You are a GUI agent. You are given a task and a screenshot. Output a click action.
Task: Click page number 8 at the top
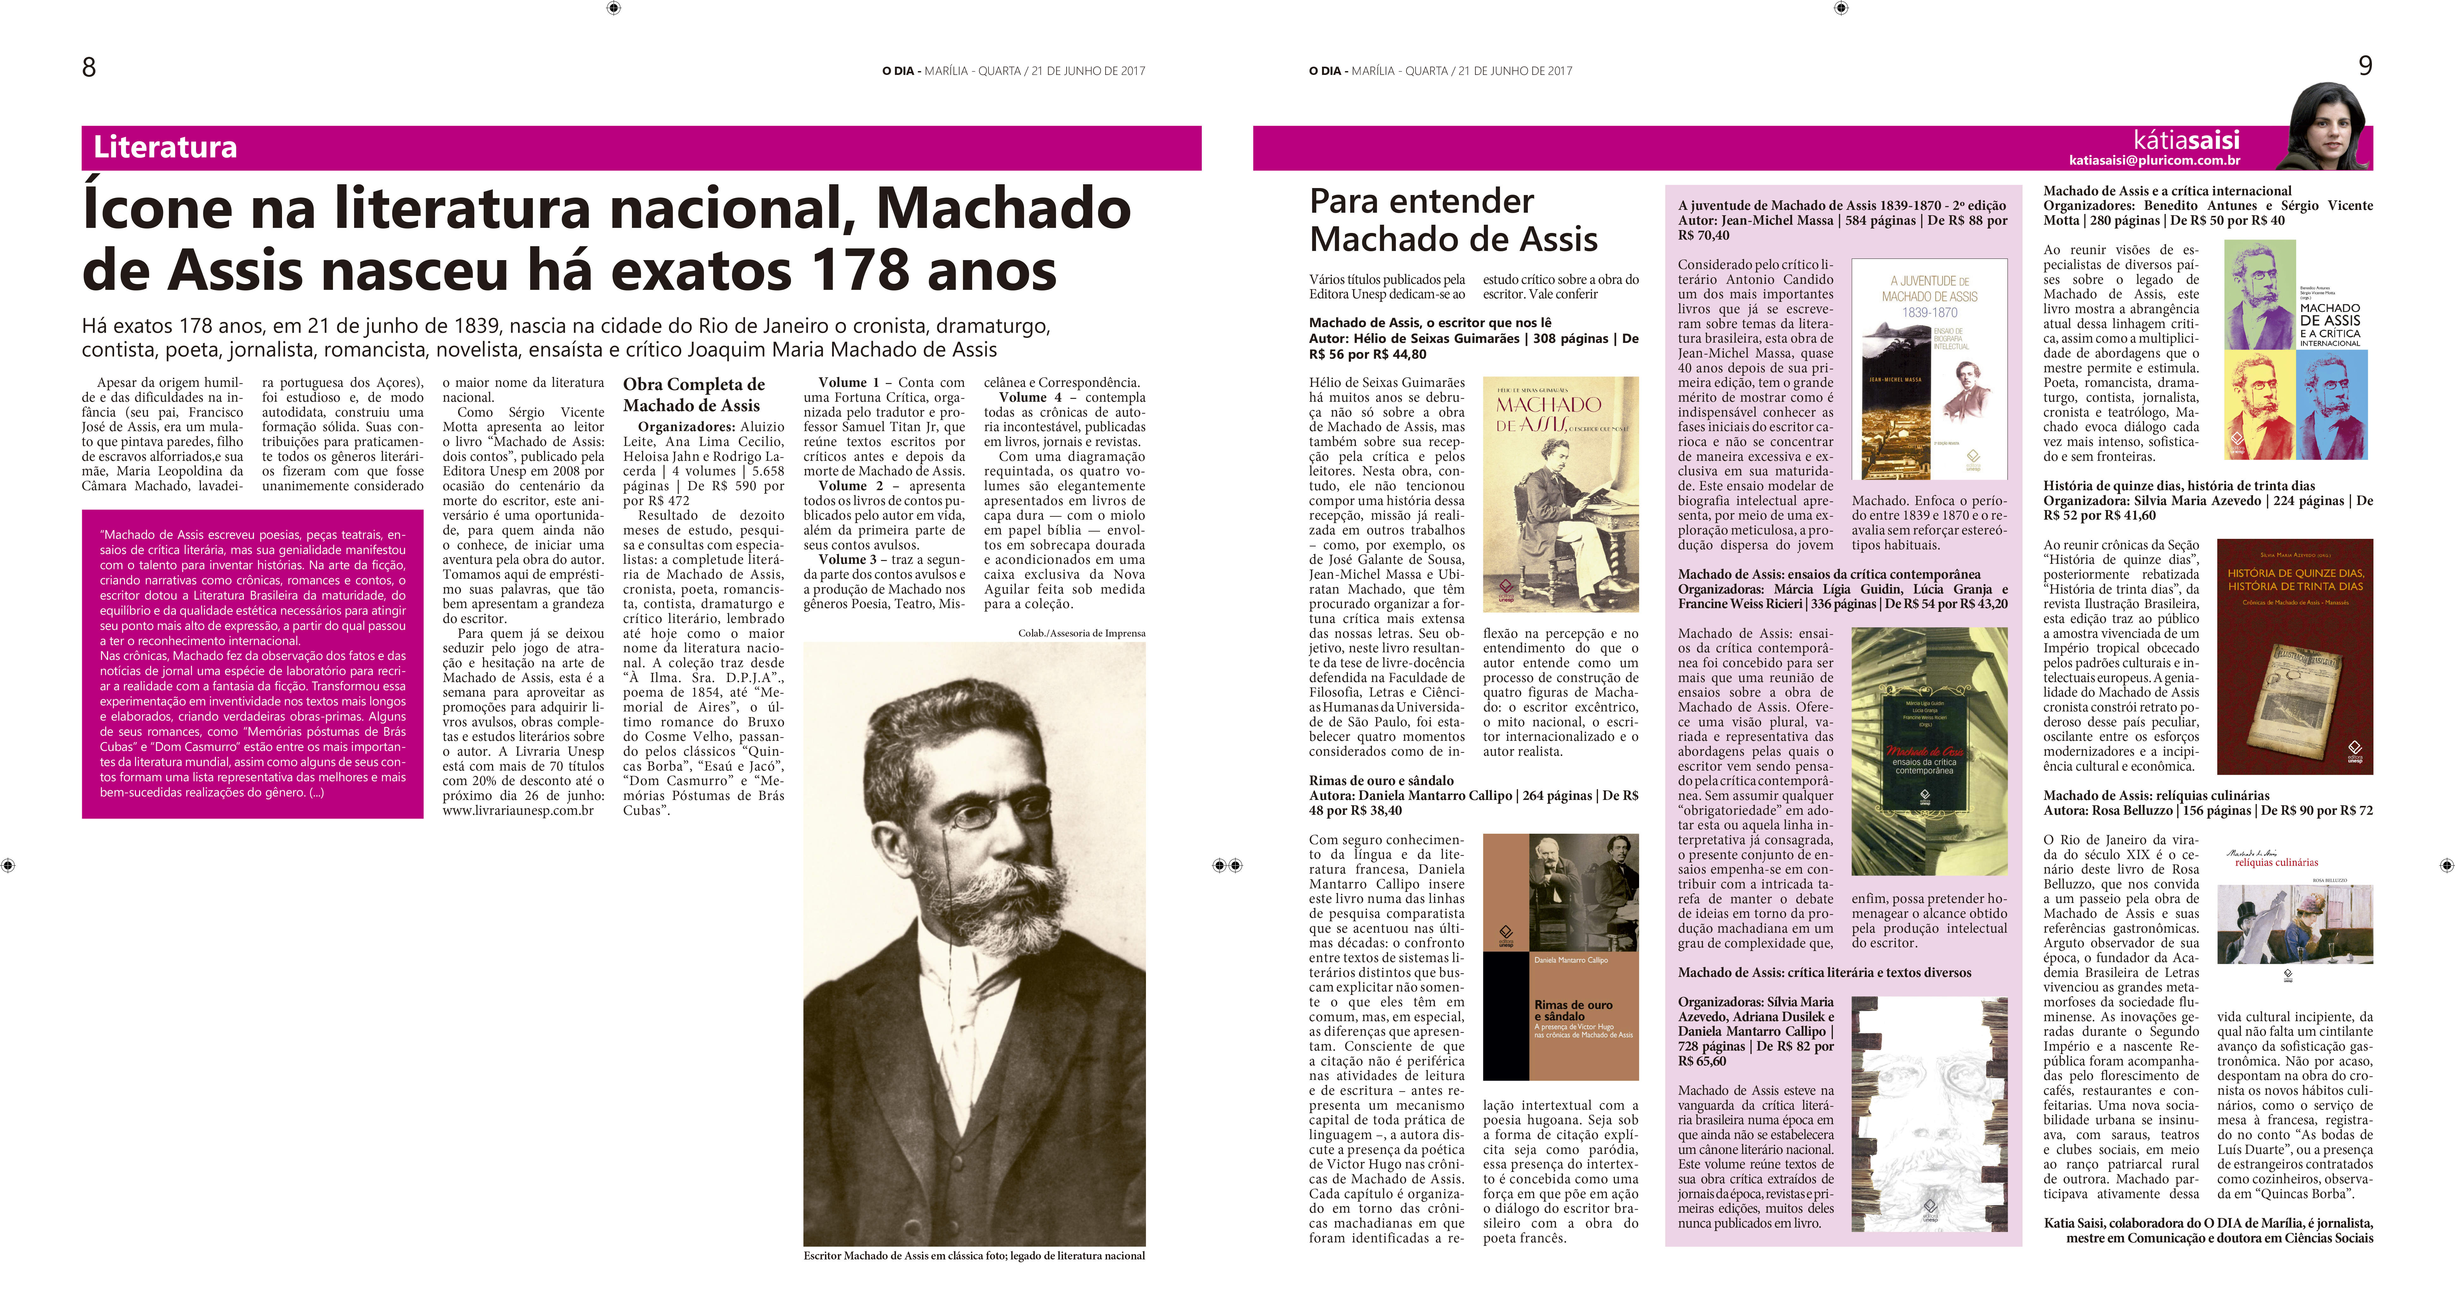tap(89, 67)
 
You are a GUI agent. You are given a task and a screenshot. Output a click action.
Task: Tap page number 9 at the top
tap(2365, 66)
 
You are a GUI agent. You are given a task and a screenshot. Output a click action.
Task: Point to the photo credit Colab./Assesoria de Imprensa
tap(1081, 633)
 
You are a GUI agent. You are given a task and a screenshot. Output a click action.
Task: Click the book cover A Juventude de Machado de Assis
tap(1929, 369)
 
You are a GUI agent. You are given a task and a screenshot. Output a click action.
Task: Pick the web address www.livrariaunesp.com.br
tap(517, 811)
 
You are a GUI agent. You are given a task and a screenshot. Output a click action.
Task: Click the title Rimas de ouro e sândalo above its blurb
tap(1381, 780)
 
